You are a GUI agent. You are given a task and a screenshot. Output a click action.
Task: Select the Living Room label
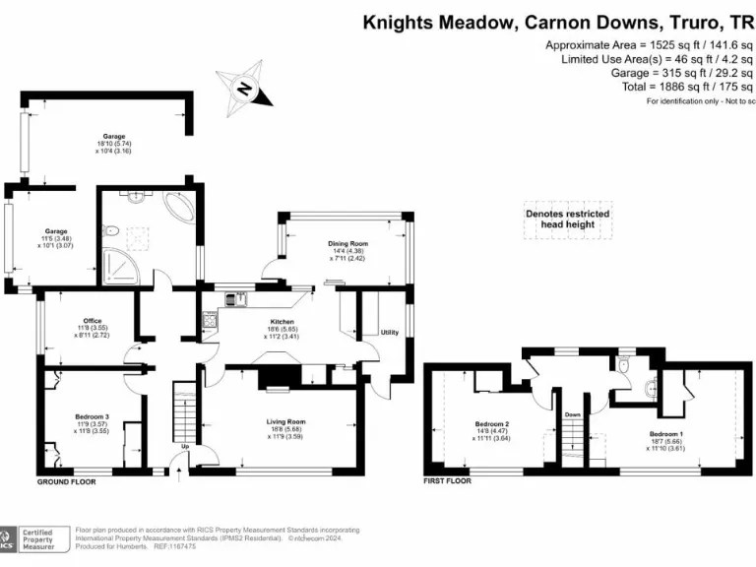286,421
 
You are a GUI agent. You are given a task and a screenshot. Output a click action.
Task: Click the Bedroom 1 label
666,433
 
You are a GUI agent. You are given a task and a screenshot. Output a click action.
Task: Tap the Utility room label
390,333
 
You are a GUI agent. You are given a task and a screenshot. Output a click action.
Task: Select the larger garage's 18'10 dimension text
118,144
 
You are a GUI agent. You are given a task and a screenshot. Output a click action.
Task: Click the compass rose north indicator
242,90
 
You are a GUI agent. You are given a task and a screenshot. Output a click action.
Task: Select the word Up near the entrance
184,448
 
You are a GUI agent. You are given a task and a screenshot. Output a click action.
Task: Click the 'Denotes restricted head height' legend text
567,219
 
